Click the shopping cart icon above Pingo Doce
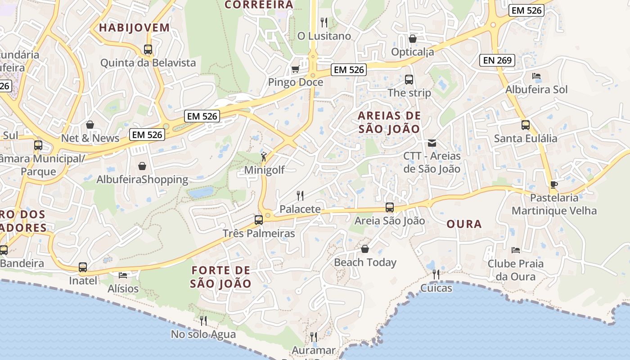click(295, 69)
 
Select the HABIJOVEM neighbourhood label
click(134, 27)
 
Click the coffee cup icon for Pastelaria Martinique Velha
click(554, 184)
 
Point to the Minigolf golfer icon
click(264, 157)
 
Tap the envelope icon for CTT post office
click(432, 143)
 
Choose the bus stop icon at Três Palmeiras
click(259, 220)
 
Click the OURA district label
click(464, 224)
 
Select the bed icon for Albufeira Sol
click(536, 76)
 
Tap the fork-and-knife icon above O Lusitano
click(324, 22)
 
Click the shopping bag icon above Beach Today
click(365, 249)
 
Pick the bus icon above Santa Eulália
click(525, 125)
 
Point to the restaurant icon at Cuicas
click(436, 274)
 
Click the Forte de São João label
click(220, 277)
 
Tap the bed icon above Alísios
click(123, 275)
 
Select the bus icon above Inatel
click(83, 267)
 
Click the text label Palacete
click(300, 209)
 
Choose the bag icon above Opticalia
click(412, 39)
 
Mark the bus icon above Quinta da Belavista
click(148, 49)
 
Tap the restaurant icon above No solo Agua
click(203, 320)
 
